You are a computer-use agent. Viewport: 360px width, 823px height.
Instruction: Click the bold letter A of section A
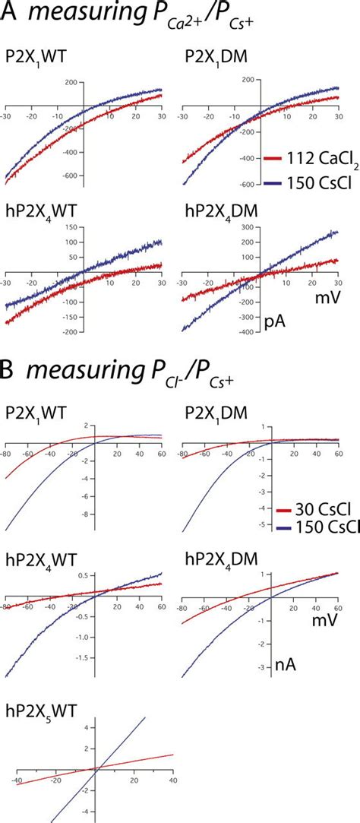tap(11, 18)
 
